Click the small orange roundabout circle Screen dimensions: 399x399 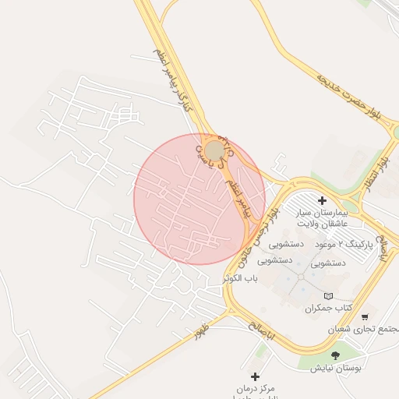(214, 150)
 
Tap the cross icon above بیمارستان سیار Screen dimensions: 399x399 (323, 200)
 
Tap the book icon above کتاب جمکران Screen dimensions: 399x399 (328, 296)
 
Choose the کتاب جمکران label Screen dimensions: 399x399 (328, 309)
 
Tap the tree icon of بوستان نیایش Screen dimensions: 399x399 (336, 355)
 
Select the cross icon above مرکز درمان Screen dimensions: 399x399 (254, 376)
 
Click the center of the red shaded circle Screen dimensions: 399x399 (199, 199)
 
